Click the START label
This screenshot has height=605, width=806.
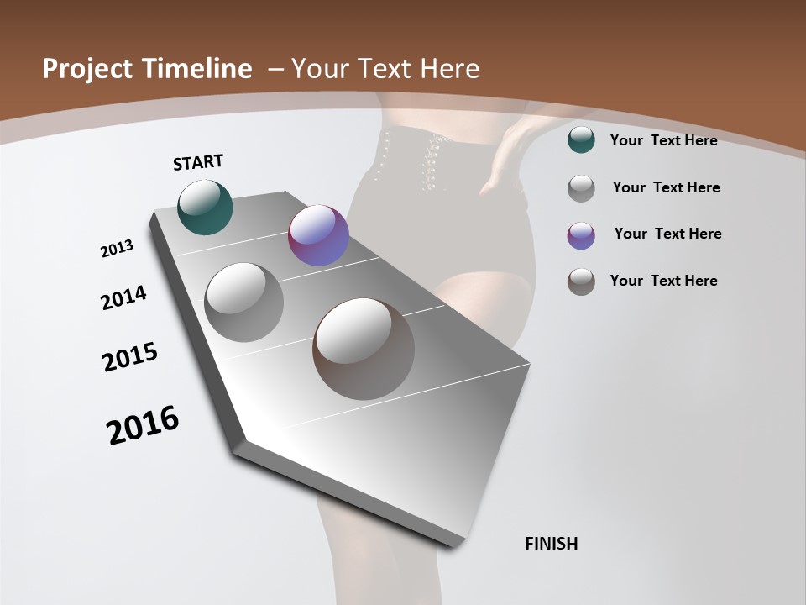198,162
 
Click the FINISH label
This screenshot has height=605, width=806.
551,544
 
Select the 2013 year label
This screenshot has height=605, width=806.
118,249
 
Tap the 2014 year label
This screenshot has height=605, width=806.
124,297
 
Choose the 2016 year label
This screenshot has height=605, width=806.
143,425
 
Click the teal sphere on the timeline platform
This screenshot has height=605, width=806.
205,207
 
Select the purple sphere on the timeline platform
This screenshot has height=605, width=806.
318,235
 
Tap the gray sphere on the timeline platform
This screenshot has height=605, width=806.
243,302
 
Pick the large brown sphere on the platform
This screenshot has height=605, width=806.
364,348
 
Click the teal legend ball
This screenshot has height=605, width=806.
581,139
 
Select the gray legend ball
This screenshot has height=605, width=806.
581,188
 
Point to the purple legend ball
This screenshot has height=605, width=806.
581,235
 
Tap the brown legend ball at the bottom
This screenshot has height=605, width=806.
581,281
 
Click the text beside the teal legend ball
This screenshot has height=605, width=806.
663,140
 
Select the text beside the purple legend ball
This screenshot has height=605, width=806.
667,234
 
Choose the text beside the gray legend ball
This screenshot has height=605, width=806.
666,187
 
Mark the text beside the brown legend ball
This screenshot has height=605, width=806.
663,281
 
